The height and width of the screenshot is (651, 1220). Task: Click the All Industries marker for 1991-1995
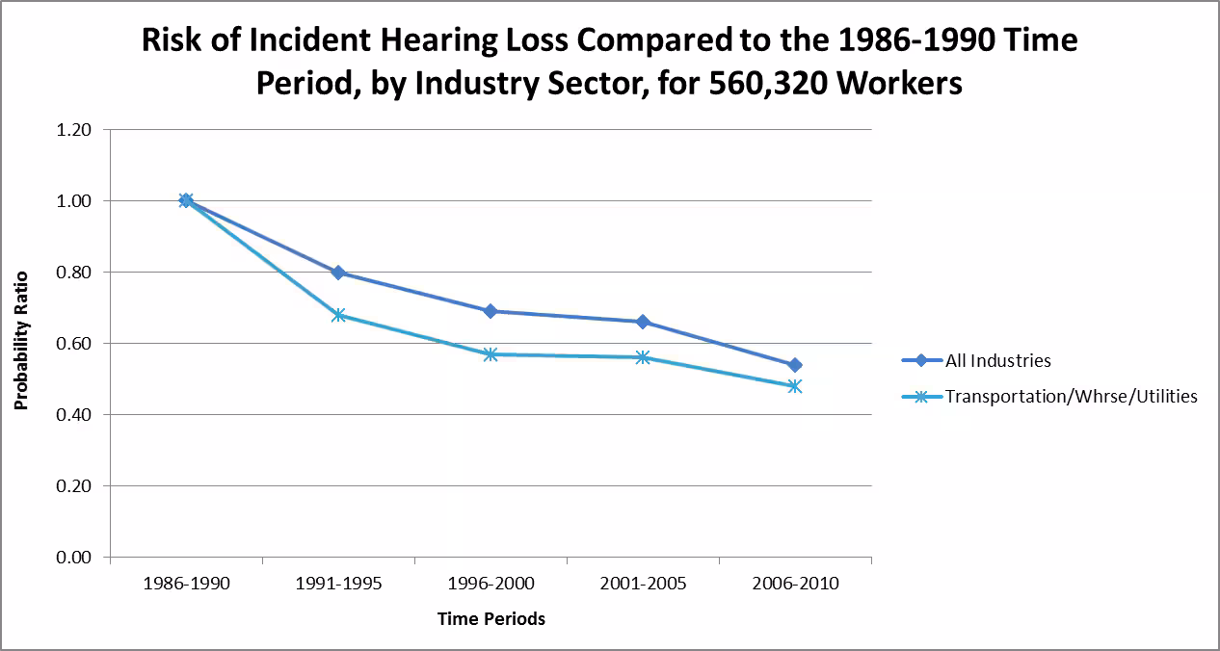tap(338, 273)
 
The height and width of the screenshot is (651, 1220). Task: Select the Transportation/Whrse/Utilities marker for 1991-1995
tap(338, 315)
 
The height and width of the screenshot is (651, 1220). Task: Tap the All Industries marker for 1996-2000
tap(491, 311)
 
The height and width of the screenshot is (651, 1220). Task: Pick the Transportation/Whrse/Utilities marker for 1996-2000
tap(491, 354)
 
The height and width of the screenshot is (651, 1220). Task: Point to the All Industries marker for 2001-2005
tap(643, 322)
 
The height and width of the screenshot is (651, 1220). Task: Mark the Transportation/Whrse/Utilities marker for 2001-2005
tap(643, 357)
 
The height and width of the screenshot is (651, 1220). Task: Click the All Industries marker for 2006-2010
tap(795, 365)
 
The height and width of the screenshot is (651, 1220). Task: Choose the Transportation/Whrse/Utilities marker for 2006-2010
tap(795, 386)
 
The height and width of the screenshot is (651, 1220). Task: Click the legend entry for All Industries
tap(997, 361)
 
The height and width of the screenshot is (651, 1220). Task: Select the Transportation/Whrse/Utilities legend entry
tap(1071, 396)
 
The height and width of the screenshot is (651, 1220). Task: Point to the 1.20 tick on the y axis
tap(74, 130)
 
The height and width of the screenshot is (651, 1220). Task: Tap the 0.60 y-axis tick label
tap(74, 344)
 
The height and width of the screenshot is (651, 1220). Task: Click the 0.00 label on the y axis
tap(74, 558)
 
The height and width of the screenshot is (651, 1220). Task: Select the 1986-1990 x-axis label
tap(186, 584)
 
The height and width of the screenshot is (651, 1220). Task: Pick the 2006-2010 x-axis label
tap(795, 584)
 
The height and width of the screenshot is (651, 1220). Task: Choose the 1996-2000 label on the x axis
tap(491, 584)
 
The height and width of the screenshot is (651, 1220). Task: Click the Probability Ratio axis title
tap(21, 341)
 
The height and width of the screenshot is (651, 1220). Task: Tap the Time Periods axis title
tap(491, 619)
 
